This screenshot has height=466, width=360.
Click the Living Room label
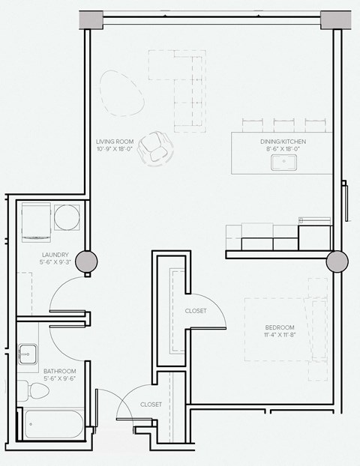[115, 141]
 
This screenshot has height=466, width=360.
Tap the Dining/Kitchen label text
[283, 141]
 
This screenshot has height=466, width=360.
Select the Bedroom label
[279, 328]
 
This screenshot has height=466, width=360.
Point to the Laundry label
[55, 255]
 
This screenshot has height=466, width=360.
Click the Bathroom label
[58, 371]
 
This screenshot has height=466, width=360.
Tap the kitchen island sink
[285, 160]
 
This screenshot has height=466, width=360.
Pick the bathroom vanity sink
[28, 352]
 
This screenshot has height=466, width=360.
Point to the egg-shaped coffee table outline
[120, 92]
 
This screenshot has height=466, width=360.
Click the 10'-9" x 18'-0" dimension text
[115, 149]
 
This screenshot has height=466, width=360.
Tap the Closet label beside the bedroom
[196, 311]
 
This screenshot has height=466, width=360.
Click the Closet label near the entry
[151, 405]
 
